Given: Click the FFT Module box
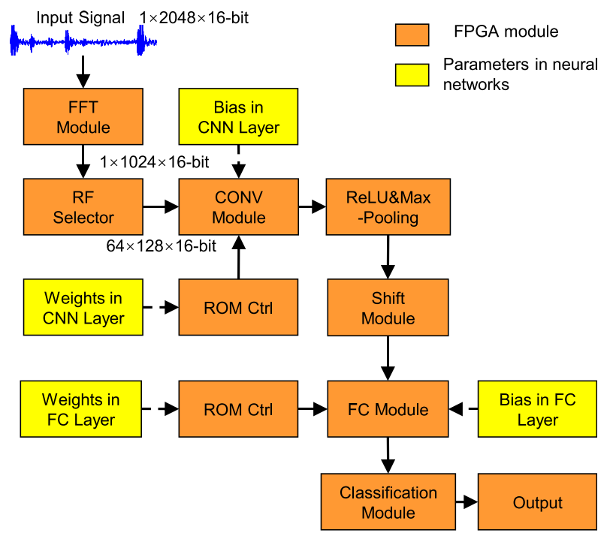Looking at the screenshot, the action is click(83, 116).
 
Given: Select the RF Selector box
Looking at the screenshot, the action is click(83, 206).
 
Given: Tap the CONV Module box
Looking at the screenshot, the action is click(238, 206).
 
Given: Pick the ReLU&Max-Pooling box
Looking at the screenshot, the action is click(388, 206).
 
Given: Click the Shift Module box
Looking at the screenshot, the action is click(388, 308).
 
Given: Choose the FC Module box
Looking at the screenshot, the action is click(388, 409).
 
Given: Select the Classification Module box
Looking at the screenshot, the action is click(388, 502).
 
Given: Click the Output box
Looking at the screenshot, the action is click(538, 502).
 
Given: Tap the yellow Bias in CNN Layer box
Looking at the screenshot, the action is click(238, 116).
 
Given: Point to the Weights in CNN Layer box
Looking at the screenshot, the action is click(83, 308).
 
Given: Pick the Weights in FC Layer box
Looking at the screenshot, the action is click(81, 409).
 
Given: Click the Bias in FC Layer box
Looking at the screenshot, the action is click(538, 409).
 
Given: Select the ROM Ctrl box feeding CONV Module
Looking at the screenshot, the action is click(238, 308).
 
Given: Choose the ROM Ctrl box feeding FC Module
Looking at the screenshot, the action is click(238, 409).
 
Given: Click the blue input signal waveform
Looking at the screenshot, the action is click(83, 41).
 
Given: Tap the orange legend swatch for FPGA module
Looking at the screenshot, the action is click(412, 35).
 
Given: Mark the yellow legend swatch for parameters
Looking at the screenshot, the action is click(412, 74).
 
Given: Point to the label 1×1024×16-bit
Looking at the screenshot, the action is click(155, 162).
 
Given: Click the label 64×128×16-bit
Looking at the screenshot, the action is click(161, 246).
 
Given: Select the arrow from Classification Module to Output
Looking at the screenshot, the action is click(467, 502).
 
